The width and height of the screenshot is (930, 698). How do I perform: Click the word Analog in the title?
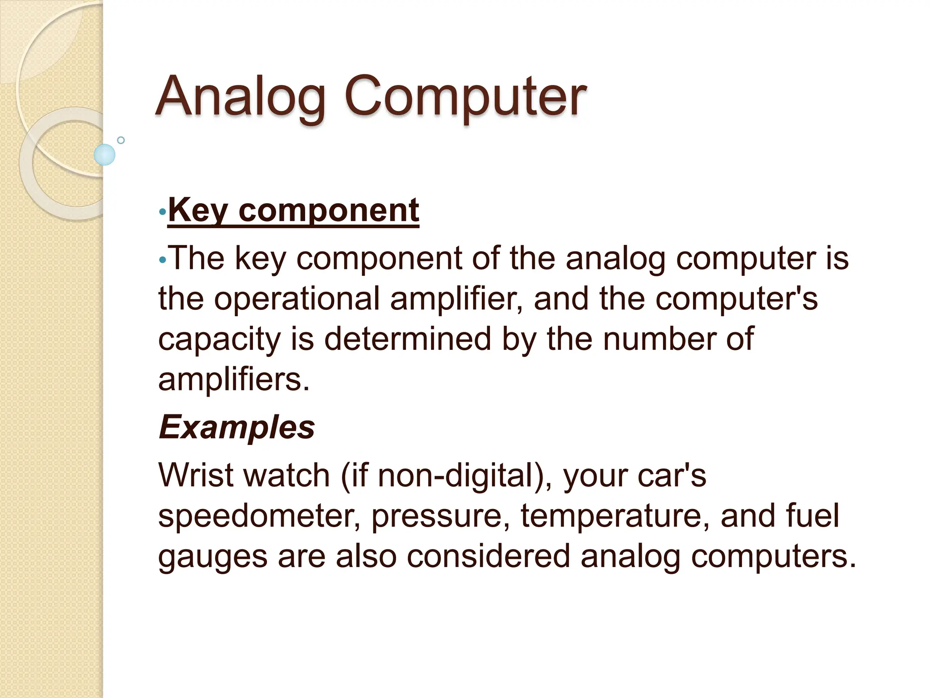[x=241, y=96]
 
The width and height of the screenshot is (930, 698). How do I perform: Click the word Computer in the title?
[x=465, y=96]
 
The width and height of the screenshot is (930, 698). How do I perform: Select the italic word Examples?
[x=237, y=427]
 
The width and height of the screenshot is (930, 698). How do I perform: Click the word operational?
[x=297, y=299]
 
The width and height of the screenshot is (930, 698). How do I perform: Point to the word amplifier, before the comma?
[x=456, y=299]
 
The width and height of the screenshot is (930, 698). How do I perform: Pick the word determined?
[x=407, y=339]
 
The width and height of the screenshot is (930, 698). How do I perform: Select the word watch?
[x=287, y=475]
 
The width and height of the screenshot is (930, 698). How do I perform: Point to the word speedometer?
[x=259, y=516]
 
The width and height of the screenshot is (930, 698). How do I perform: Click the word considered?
[x=488, y=556]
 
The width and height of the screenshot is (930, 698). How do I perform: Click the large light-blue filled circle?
[x=104, y=155]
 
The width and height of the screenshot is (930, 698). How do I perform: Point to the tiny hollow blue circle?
[x=121, y=140]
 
